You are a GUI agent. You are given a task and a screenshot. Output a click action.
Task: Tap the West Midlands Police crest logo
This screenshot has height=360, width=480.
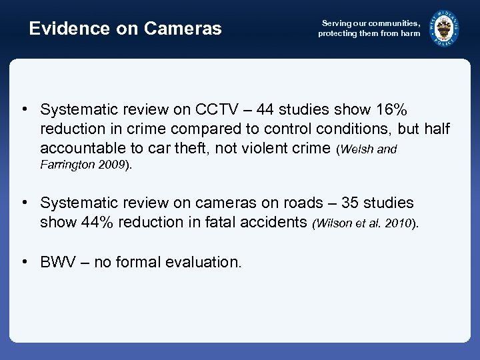click(x=444, y=28)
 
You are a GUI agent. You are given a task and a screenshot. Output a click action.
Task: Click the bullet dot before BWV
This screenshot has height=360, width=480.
click(x=23, y=261)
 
